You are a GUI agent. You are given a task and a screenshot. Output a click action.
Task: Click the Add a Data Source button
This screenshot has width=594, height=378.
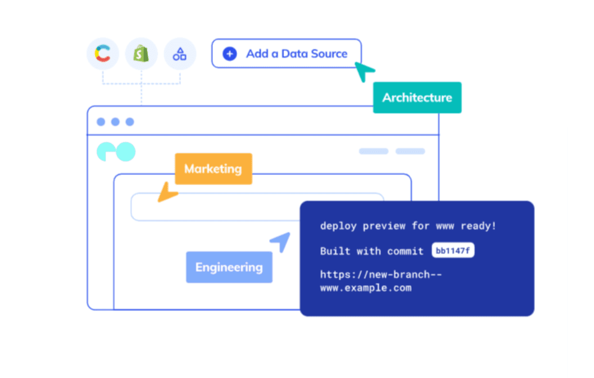[286, 53]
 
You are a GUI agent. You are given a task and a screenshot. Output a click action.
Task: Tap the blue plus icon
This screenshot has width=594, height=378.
[230, 54]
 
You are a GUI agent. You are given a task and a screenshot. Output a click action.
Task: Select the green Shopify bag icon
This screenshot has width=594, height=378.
[141, 54]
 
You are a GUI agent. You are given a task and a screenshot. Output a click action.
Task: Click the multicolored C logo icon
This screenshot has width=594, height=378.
[103, 53]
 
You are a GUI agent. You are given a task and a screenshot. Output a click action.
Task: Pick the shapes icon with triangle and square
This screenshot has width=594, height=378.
[180, 54]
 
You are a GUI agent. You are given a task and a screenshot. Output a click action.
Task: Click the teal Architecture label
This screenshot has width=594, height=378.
[417, 97]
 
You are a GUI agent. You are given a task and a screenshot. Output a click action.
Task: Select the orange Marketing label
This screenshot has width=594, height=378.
[213, 168]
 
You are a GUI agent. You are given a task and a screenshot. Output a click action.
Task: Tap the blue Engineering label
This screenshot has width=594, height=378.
[229, 267]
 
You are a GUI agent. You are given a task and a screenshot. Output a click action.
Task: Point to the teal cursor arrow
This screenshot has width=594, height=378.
[363, 71]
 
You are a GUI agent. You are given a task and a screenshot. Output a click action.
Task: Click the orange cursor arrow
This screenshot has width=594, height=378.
[167, 192]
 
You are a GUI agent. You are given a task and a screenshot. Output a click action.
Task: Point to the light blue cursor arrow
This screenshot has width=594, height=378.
[281, 241]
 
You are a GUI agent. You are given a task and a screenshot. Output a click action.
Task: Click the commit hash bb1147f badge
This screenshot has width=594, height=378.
[453, 251]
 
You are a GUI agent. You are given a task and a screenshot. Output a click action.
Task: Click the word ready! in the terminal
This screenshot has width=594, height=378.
[478, 226]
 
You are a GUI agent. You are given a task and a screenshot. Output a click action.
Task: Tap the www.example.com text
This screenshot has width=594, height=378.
[366, 288]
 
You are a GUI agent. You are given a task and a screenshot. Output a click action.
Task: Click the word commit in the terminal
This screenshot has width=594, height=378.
[406, 251]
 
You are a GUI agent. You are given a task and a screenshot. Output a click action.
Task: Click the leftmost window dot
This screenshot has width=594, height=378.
[101, 122]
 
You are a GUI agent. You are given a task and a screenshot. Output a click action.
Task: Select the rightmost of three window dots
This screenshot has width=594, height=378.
[130, 122]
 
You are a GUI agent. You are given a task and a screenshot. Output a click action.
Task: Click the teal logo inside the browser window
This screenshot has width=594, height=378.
[116, 152]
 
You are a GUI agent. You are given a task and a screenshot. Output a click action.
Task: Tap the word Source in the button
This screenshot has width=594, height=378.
[329, 54]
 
